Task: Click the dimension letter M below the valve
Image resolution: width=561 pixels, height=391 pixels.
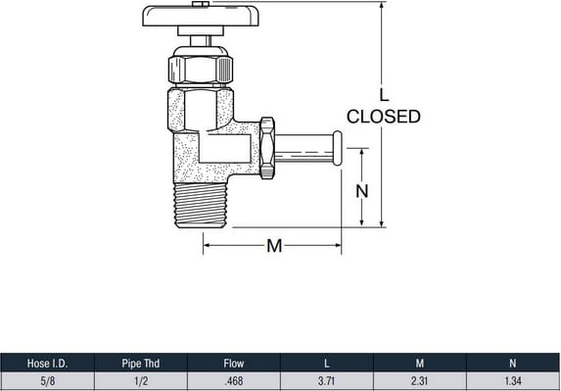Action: [274, 246]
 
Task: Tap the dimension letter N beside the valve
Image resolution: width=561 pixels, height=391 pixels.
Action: [361, 191]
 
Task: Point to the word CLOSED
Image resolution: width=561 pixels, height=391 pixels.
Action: [384, 117]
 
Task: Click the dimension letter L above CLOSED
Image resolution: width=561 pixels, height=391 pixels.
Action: [384, 94]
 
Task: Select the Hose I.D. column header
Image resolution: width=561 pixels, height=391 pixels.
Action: [47, 364]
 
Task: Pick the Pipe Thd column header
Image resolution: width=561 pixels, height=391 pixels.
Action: [141, 364]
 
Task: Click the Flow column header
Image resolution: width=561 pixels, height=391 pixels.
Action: [234, 364]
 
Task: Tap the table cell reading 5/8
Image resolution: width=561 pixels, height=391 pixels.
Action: [47, 381]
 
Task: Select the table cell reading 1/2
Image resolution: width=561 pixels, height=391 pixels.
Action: [141, 381]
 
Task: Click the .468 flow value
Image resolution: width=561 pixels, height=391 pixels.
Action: [234, 381]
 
